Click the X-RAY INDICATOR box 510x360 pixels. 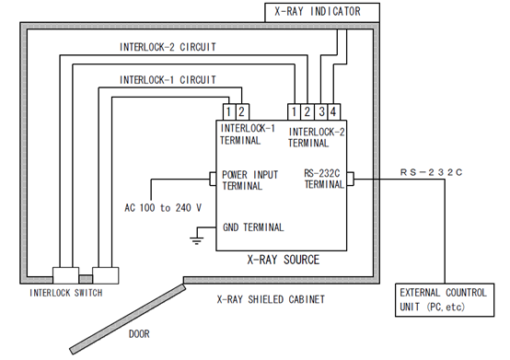322,12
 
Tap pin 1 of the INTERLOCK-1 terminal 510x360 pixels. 229,112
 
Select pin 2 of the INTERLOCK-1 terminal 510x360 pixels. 242,112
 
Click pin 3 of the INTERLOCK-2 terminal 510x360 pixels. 321,112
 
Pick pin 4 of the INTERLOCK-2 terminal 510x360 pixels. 334,112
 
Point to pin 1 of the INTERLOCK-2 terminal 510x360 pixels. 294,112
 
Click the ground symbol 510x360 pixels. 197,240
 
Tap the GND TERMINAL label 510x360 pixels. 253,227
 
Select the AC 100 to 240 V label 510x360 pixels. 163,207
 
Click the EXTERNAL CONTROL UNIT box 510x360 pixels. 445,300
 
